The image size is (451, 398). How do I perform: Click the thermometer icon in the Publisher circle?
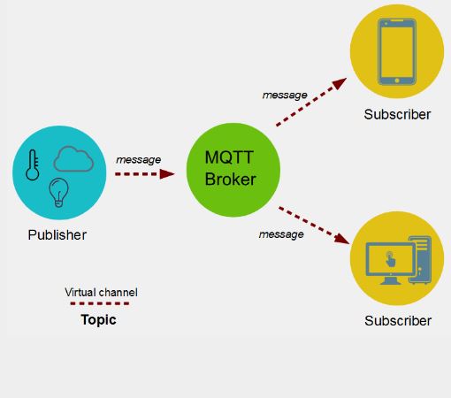click(x=33, y=165)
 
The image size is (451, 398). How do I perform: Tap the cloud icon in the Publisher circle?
click(x=73, y=159)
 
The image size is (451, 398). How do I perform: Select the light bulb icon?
click(x=58, y=193)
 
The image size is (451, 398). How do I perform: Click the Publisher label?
click(x=57, y=235)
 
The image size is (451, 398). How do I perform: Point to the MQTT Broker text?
click(x=230, y=168)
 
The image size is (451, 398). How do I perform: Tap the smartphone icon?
click(x=397, y=51)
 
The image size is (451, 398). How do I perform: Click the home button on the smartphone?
click(x=397, y=80)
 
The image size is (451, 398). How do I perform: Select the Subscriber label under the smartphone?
click(x=397, y=114)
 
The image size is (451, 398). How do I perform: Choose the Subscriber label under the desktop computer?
click(x=398, y=321)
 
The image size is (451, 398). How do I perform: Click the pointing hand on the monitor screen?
click(x=390, y=259)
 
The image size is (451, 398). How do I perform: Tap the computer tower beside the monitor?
click(x=420, y=259)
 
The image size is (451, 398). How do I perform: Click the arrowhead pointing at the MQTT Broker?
click(x=167, y=174)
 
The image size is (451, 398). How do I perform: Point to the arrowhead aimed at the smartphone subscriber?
click(x=340, y=83)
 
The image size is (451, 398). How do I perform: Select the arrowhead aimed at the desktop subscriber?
click(x=342, y=239)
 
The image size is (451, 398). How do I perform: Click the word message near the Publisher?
click(x=138, y=160)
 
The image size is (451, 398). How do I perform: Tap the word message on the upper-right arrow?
click(x=285, y=96)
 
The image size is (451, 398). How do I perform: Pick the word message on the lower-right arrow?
click(x=281, y=234)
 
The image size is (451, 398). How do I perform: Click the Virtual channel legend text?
click(x=101, y=293)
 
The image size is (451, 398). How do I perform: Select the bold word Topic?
click(x=98, y=320)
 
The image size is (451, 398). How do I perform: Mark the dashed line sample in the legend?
click(x=100, y=303)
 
